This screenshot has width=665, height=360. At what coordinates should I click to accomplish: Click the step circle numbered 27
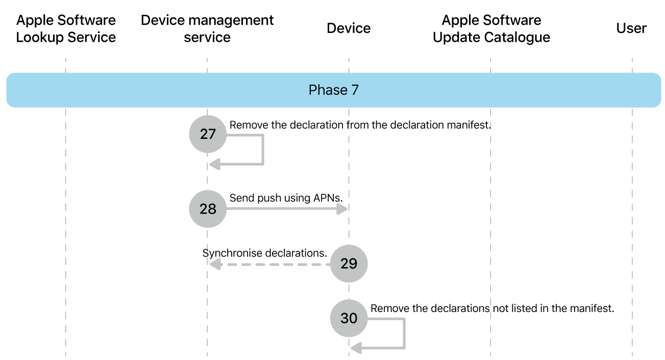coord(208,134)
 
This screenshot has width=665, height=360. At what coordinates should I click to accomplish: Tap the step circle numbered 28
coord(208,209)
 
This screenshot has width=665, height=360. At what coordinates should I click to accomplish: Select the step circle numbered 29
coord(349,263)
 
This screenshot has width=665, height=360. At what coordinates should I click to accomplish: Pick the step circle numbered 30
coord(349,318)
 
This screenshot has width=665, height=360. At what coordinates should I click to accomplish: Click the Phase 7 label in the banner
coord(333,90)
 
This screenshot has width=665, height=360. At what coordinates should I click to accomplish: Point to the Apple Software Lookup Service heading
coord(66,29)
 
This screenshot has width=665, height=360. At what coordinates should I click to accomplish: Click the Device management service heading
coord(207,29)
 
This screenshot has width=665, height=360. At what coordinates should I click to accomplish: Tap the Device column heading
coord(349,28)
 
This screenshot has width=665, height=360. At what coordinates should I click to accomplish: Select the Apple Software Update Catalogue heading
coord(491,29)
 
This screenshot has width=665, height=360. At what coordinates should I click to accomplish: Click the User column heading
coord(631,28)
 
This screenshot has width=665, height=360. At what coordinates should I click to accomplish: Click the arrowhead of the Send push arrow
coord(342,209)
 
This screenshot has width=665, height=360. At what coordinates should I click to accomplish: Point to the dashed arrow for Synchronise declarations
coord(270,265)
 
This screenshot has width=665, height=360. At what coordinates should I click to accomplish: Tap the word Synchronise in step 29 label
coord(232,253)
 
